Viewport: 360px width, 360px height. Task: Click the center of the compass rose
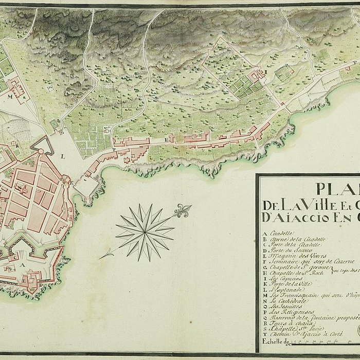[145, 232]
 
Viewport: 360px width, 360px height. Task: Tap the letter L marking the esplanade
[62, 155]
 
